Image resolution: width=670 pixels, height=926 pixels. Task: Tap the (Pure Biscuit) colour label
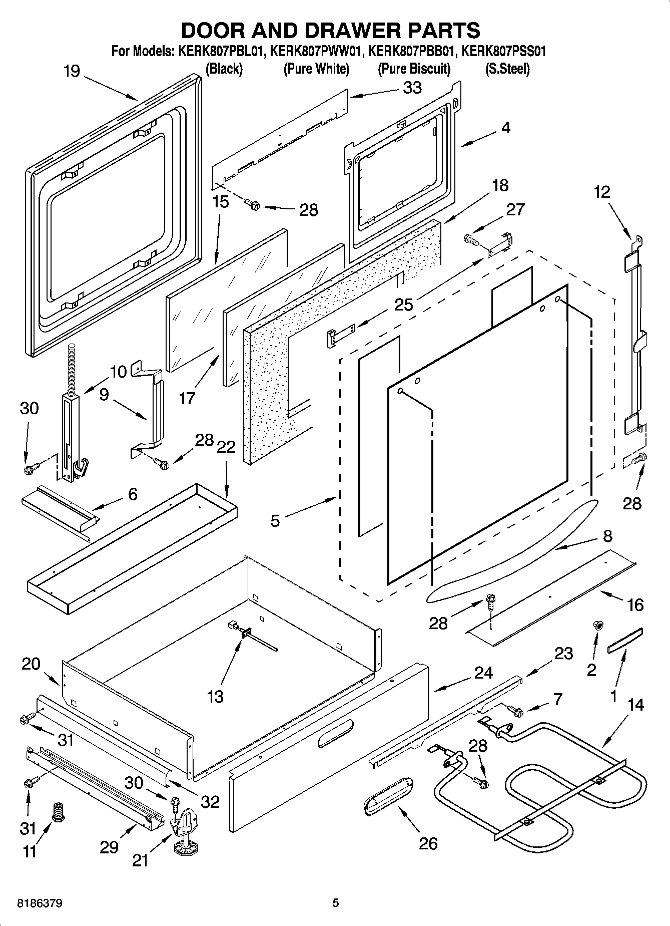(x=414, y=69)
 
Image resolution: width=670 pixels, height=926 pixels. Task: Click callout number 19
(x=72, y=71)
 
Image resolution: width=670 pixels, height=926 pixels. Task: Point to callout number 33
(x=412, y=88)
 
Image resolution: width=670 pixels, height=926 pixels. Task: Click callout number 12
(x=602, y=192)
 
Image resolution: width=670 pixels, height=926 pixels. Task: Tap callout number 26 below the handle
(x=428, y=843)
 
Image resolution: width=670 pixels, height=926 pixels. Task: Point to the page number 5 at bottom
(x=336, y=903)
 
